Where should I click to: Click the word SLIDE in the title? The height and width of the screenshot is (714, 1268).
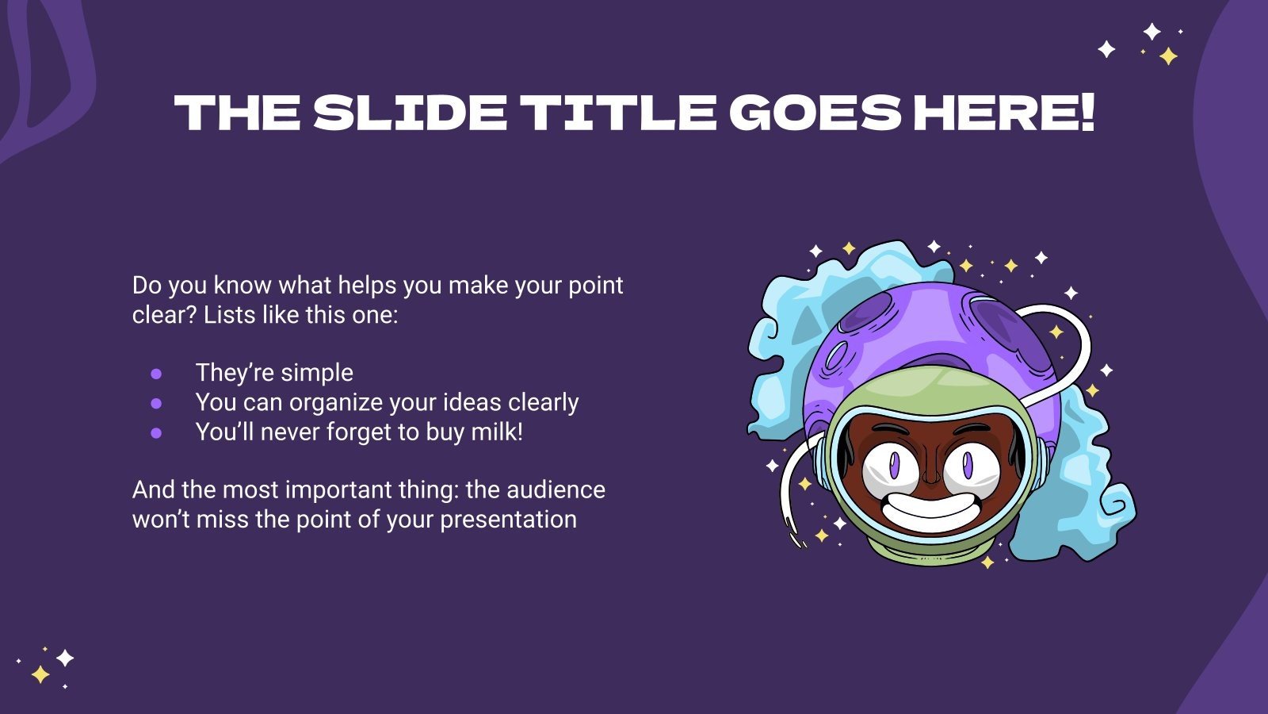coord(410,113)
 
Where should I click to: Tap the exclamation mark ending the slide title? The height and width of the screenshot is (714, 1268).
coord(1088,113)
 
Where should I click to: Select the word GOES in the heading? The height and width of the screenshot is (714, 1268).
coord(815,113)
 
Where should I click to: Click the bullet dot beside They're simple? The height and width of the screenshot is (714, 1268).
coord(156,374)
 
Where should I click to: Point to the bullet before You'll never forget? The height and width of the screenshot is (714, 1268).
coord(156,433)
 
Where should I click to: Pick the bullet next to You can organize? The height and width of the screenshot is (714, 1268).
coord(156,404)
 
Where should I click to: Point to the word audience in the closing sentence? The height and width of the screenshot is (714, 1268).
coord(556,490)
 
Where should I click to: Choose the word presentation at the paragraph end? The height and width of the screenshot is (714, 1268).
coord(508,520)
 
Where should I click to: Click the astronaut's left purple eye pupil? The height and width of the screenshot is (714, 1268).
coord(894,465)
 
